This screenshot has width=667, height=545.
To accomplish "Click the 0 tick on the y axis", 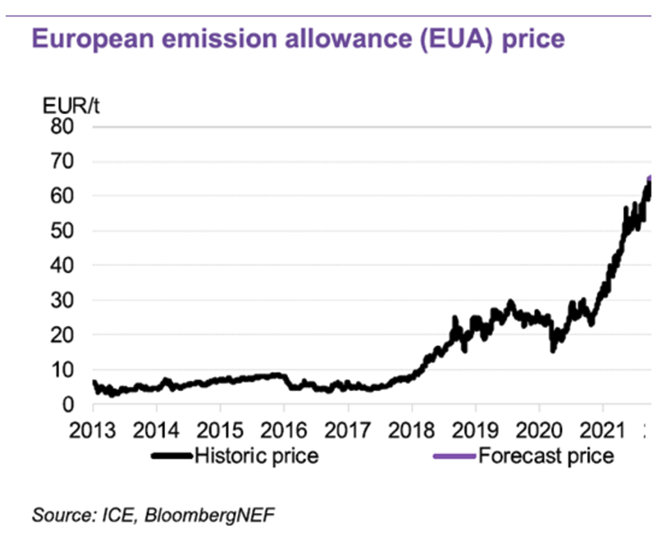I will pos(72,405).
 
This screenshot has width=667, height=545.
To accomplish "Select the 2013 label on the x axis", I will pos(93,430).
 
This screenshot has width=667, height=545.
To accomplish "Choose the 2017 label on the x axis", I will pos(348,430).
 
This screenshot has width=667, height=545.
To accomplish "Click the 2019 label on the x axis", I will pos(475,430).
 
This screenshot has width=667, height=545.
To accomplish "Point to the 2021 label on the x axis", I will pos(603,430).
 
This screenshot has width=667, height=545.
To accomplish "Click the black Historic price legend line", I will pos(172,456).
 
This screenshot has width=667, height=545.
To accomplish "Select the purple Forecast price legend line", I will pos(454,456).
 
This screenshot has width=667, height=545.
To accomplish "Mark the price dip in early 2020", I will pos(553,347).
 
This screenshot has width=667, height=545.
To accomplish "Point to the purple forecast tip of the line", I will pos(649,179).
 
